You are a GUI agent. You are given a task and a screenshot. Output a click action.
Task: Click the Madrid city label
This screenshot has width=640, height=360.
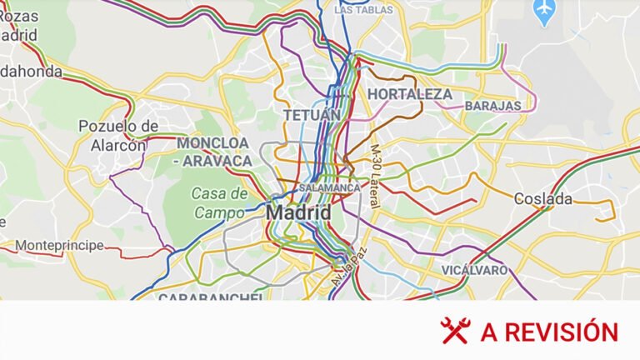pos(298,213)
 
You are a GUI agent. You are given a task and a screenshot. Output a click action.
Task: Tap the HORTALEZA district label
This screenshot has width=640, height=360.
pos(410,94)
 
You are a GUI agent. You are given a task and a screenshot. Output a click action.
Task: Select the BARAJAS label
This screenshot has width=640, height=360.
pos(492,106)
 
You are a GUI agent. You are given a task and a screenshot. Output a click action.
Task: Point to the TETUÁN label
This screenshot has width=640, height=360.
pos(312,114)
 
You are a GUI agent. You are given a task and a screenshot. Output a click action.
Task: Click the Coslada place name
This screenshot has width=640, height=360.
pos(543,199)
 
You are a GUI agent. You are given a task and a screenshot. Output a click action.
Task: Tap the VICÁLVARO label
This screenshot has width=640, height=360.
pos(474,270)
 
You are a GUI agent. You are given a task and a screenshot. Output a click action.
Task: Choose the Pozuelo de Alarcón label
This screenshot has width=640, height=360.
pos(118,135)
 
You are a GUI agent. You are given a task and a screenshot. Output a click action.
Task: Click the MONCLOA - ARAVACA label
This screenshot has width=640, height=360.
pos(213,151)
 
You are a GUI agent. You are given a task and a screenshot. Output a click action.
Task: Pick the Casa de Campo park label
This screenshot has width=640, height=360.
pos(220,202)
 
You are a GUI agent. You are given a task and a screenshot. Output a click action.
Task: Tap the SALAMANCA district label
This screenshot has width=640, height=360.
pos(329,187)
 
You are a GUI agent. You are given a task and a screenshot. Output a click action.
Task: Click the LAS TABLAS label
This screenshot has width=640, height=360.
pos(362,10)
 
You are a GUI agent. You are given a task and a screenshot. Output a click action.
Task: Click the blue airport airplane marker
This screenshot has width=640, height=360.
pos(544,12)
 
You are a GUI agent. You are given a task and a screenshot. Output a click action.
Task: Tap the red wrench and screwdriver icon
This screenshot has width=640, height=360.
pos(456,331)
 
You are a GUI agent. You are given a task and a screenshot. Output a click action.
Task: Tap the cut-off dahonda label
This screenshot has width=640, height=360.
pos(31,72)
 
